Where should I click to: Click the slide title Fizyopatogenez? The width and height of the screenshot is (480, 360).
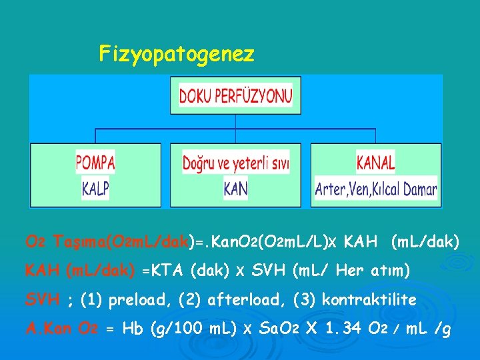click(177, 53)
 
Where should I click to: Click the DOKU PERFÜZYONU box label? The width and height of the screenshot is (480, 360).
click(235, 96)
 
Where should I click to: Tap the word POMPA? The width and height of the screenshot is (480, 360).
click(95, 162)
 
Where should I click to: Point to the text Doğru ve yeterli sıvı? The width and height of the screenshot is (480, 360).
click(235, 163)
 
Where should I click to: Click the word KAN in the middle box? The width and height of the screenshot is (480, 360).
click(235, 189)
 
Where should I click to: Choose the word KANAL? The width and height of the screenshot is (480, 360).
click(376, 162)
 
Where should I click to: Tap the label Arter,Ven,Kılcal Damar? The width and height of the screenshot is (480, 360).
click(376, 189)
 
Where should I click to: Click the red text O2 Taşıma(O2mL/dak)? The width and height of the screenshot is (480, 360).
click(107, 241)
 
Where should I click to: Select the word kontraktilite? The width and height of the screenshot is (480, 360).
click(369, 300)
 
